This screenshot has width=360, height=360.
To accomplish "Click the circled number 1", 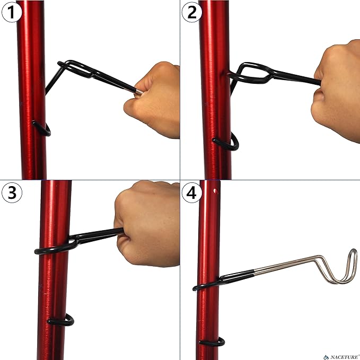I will pos(11,12).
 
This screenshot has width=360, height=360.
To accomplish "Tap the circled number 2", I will pos(192,12).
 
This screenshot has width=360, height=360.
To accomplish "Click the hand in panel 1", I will pos(154,98).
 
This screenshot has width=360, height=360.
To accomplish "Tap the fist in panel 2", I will pos(337,90).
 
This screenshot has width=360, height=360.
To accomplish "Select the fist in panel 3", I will pos(146,223).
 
